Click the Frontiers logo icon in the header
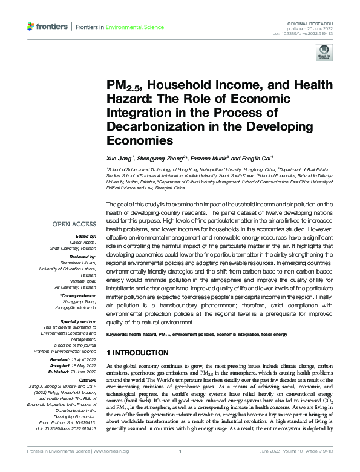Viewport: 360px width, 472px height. [31, 27]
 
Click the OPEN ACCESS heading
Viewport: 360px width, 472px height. [75, 224]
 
